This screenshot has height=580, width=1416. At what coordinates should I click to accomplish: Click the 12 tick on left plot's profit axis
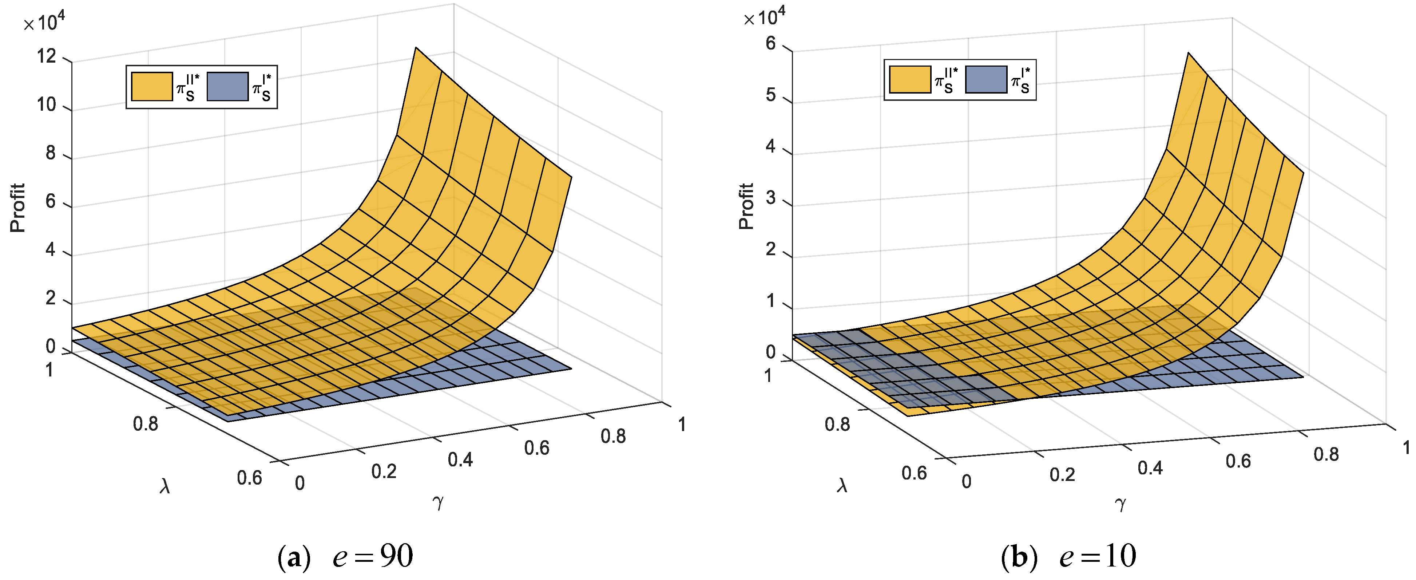(46, 56)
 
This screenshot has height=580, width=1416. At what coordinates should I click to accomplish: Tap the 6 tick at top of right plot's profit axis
(771, 43)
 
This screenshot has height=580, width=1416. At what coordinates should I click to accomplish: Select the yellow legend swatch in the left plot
(152, 87)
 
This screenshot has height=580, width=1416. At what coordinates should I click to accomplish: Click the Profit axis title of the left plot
(17, 208)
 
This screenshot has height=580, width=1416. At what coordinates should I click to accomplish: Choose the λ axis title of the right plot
(842, 485)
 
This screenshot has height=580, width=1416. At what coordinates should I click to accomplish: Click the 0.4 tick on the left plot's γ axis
(460, 459)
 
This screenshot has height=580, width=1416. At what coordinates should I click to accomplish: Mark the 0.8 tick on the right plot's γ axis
(1326, 454)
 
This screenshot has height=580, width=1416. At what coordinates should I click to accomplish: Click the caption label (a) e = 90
(345, 556)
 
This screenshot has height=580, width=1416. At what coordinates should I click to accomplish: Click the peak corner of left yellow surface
(416, 48)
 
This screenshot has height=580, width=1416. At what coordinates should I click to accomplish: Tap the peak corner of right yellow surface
(1189, 53)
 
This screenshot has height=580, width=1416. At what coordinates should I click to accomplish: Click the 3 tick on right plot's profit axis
(771, 197)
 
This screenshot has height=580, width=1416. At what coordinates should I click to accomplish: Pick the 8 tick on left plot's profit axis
(51, 153)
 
